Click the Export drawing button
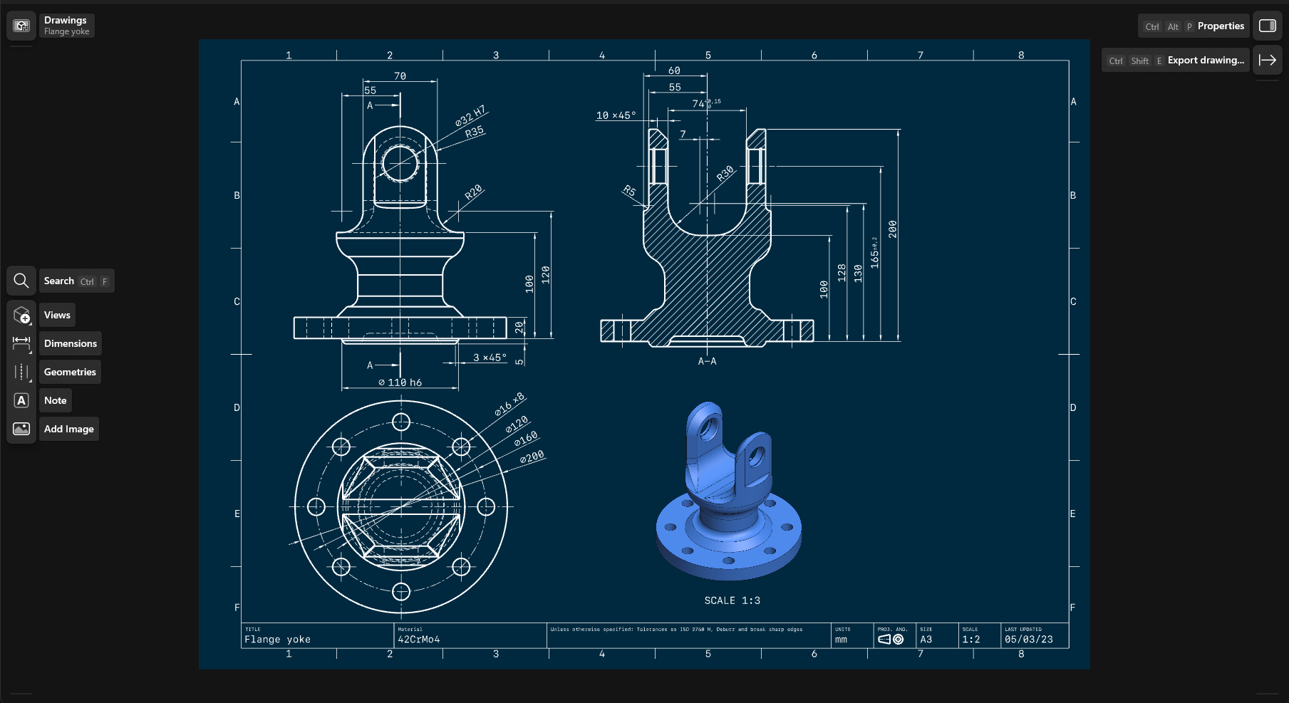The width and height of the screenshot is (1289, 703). (1205, 61)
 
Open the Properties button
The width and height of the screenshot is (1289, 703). (1220, 26)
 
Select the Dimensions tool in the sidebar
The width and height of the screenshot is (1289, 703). (70, 343)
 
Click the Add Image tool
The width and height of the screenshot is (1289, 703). (68, 429)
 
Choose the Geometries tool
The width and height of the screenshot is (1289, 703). (70, 372)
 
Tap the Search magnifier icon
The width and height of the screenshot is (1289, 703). (21, 281)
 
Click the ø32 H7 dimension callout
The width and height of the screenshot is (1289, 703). (470, 115)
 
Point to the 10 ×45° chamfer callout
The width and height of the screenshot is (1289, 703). (616, 115)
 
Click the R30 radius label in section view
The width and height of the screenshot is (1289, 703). (725, 174)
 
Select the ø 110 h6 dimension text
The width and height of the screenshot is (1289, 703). (400, 382)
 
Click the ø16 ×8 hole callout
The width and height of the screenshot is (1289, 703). (509, 404)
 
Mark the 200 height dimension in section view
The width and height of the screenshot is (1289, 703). (892, 229)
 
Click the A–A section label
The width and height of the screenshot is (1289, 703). (707, 361)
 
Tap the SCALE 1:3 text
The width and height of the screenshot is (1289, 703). (732, 600)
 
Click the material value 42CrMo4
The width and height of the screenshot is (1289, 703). (419, 640)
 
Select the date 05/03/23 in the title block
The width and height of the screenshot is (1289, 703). (1028, 640)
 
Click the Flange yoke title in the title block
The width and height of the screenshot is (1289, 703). (278, 640)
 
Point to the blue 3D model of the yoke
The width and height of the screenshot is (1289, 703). (727, 499)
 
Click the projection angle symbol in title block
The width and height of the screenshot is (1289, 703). (891, 640)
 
